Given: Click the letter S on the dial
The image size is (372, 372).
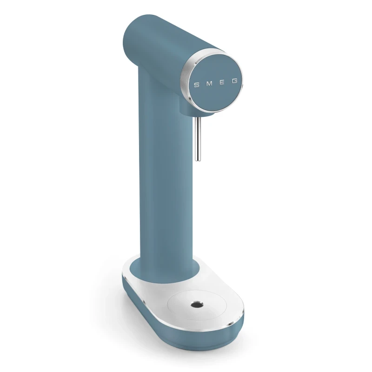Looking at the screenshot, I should [196, 85].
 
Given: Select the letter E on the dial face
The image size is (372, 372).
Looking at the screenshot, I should [222, 82].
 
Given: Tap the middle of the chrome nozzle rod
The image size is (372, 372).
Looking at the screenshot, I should [198, 139].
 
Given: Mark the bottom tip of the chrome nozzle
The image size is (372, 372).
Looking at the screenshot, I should [198, 160].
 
